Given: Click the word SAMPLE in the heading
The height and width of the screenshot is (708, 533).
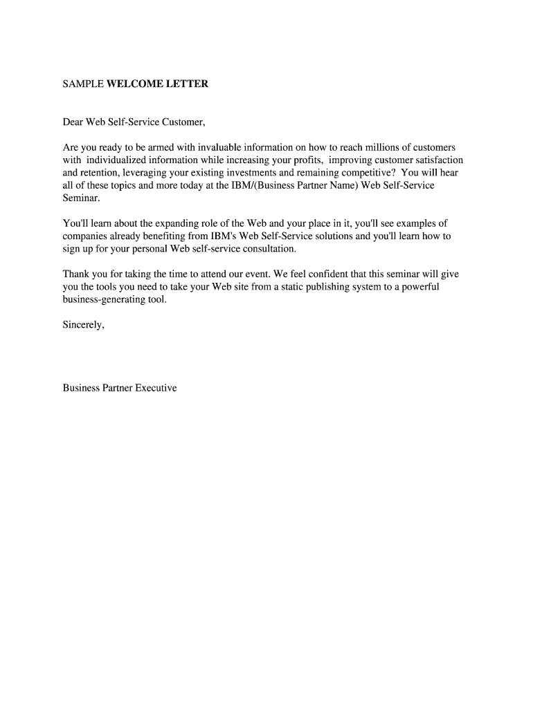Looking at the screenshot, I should click(82, 84).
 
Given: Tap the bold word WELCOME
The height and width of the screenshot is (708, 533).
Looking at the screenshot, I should click(135, 84).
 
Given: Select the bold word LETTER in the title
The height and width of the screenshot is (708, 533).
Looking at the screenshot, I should click(187, 84).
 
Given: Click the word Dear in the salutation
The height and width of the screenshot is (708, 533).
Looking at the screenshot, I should click(73, 123).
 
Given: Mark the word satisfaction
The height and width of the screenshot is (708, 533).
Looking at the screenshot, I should click(437, 160).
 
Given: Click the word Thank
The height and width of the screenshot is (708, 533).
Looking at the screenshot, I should click(76, 274).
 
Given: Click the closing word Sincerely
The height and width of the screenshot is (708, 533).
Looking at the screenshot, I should click(83, 325).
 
